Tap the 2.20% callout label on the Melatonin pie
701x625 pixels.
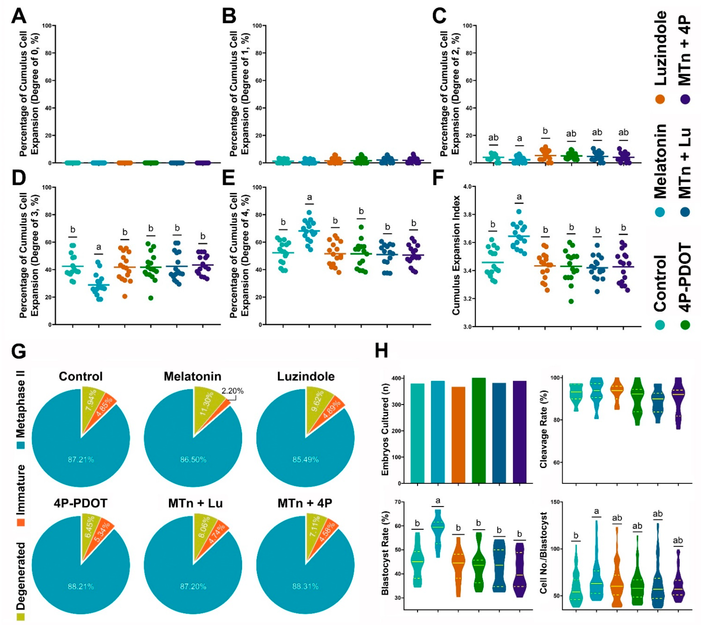tap(232, 391)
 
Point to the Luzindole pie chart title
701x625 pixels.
tap(306, 376)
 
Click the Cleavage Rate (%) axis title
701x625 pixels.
tap(544, 429)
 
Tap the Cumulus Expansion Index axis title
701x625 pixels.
tap(456, 255)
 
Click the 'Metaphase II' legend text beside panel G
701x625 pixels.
tap(21, 404)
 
